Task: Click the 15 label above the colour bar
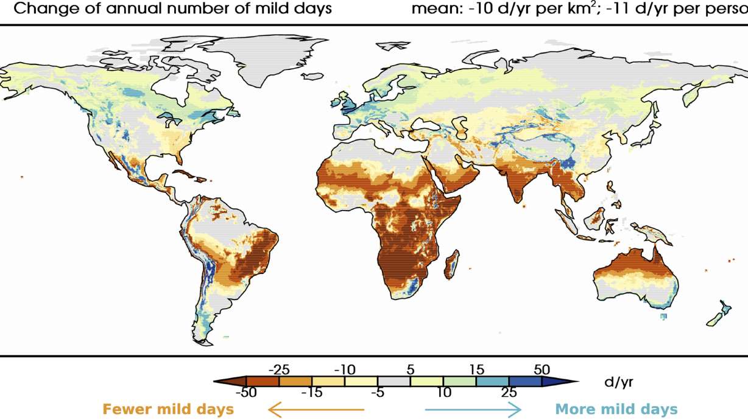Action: [x=477, y=369]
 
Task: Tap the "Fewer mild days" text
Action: [x=168, y=409]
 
